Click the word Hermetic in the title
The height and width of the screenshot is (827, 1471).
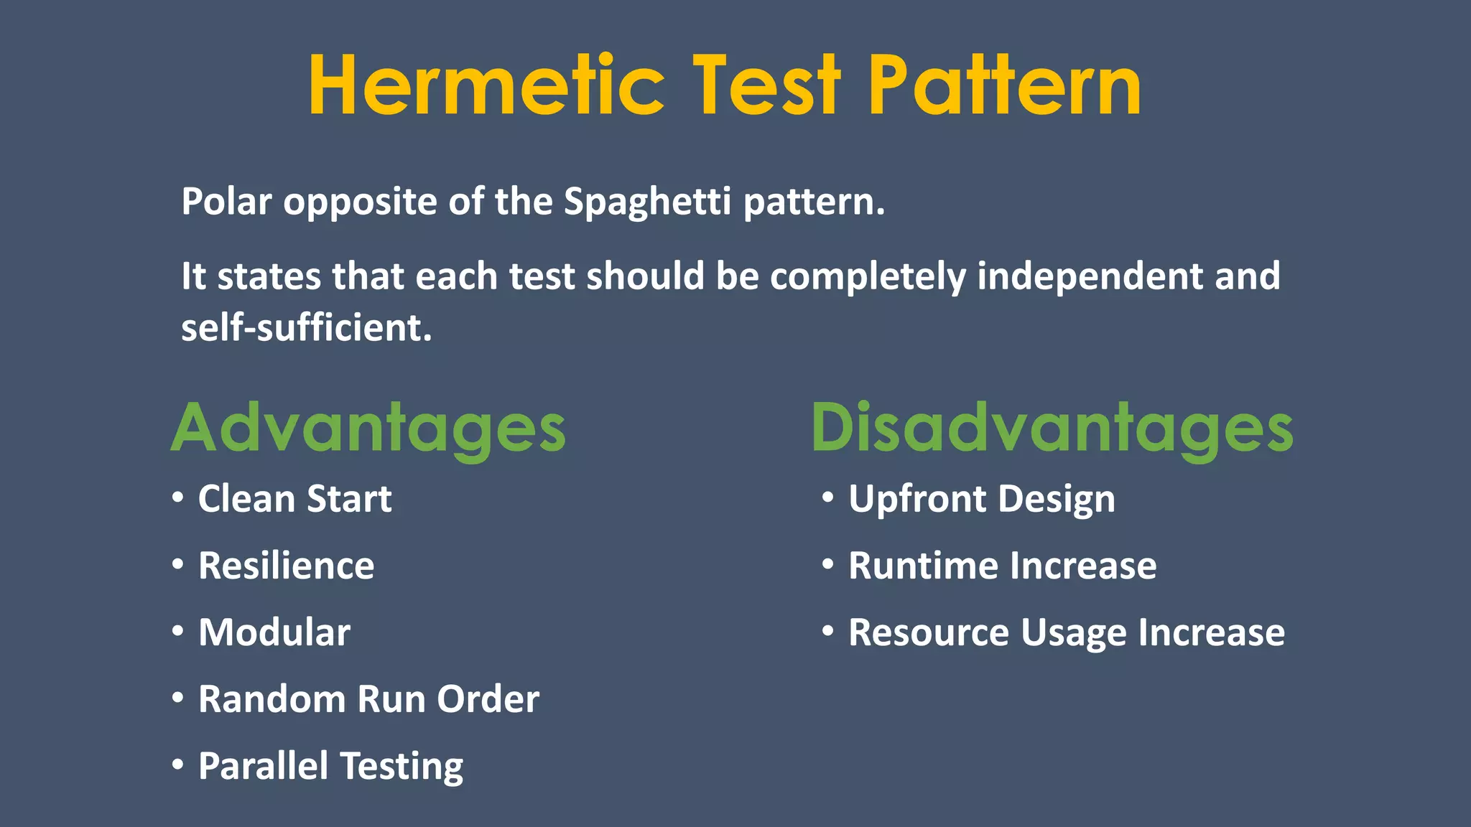coord(486,86)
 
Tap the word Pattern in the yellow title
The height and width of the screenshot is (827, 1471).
coord(1004,86)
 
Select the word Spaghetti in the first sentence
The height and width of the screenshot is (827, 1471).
coord(647,202)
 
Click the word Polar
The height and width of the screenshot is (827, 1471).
coord(226,202)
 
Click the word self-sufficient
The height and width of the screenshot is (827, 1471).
coord(307,328)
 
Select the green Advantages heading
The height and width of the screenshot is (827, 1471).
coord(368,429)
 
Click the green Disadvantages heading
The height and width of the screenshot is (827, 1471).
coord(1052,429)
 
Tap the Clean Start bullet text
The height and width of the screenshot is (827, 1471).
coord(294,499)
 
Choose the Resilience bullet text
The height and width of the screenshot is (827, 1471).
coord(286,566)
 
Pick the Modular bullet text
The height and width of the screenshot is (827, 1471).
coord(274,632)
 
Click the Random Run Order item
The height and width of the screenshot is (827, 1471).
coord(368,699)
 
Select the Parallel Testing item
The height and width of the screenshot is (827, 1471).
coord(330,766)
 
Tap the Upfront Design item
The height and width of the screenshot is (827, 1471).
coord(981,499)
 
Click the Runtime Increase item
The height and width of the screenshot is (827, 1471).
coord(1002,566)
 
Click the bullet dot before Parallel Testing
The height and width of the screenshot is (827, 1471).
coord(177,764)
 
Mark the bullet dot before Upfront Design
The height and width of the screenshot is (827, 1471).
coord(828,497)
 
